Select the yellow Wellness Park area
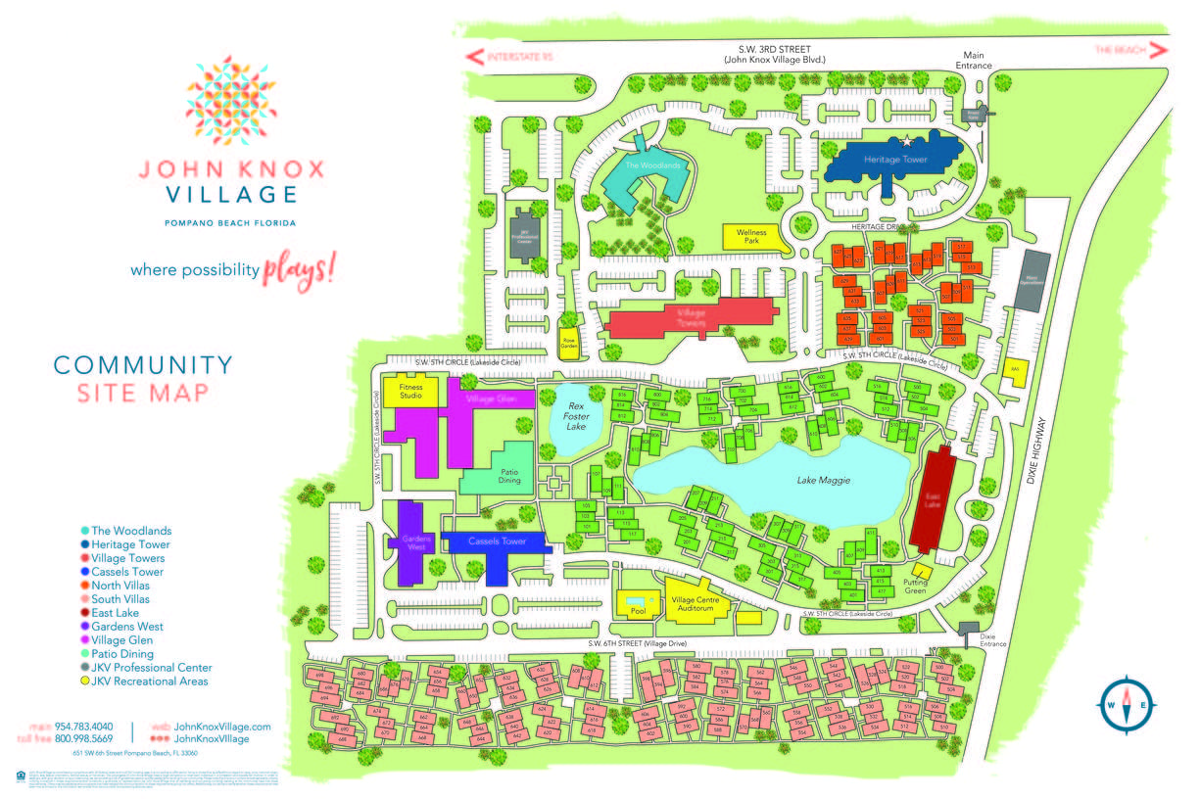751,238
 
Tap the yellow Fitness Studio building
410,391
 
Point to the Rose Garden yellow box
569,334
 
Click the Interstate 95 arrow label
509,58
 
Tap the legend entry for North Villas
118,586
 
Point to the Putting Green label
915,586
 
